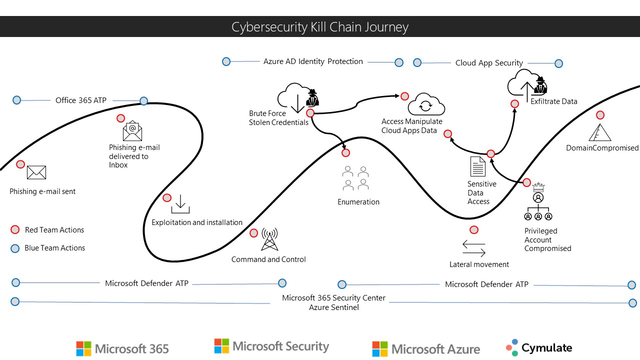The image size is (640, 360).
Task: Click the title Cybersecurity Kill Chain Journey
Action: pos(320,27)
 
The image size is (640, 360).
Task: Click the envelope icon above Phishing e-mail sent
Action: pos(36,172)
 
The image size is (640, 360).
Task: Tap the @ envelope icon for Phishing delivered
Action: pos(132,131)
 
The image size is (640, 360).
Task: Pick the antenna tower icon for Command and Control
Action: pos(269,240)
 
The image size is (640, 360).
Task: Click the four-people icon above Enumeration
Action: pos(355,178)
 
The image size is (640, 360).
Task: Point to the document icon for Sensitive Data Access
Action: pos(478,166)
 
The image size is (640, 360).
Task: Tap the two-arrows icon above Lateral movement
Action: pos(474,248)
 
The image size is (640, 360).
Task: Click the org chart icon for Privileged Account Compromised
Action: pos(538,204)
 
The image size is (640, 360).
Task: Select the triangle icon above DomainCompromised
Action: pos(600,132)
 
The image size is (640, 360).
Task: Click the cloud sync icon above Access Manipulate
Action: pos(426,104)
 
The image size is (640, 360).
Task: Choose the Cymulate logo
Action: pos(538,347)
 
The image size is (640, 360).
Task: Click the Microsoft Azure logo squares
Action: pos(380,348)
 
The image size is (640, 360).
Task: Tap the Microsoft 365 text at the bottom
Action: pos(131,348)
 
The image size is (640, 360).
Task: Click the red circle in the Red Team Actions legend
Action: pos(15,230)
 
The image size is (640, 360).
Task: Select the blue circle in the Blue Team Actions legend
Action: pos(15,248)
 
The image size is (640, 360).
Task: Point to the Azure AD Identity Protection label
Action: pos(313,61)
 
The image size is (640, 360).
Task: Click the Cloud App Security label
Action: pos(489,63)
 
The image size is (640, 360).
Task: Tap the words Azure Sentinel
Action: pos(333,307)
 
